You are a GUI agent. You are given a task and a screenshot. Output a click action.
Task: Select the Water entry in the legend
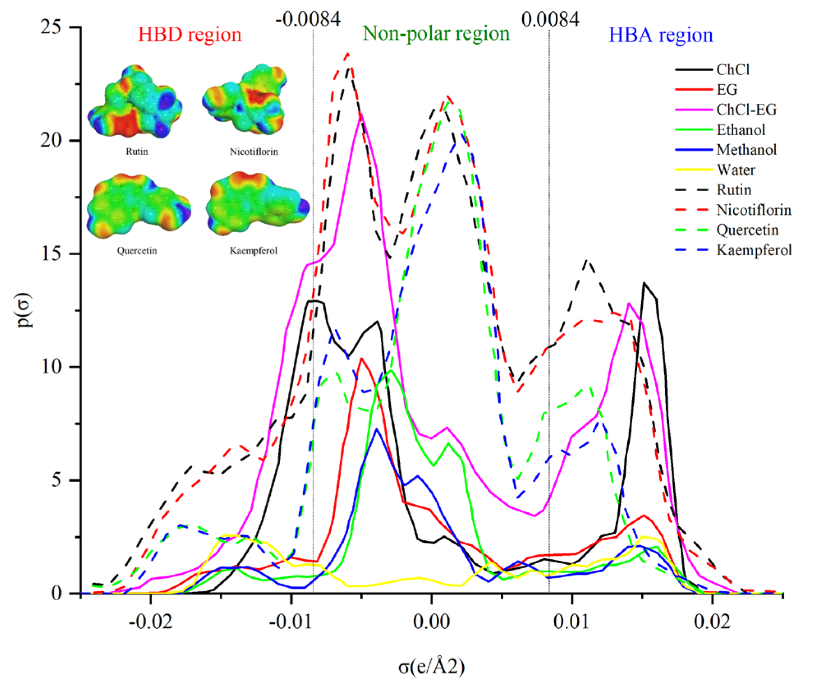pos(735,170)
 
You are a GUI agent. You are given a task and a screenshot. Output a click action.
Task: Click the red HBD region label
pos(189,35)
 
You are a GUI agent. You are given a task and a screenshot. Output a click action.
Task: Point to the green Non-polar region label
pos(436,34)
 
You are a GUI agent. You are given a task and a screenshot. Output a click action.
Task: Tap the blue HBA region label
pos(660,35)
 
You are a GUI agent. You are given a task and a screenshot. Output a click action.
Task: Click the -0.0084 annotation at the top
pos(308,19)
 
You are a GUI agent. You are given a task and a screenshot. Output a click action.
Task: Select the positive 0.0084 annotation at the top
pos(550,19)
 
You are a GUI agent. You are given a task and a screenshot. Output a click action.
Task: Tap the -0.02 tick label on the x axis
pos(150,622)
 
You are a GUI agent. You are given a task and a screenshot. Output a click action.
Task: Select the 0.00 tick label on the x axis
pos(431,622)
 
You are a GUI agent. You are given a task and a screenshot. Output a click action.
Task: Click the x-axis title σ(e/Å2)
pos(431,666)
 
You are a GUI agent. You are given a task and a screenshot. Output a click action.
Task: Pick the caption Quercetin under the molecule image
pos(137,251)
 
